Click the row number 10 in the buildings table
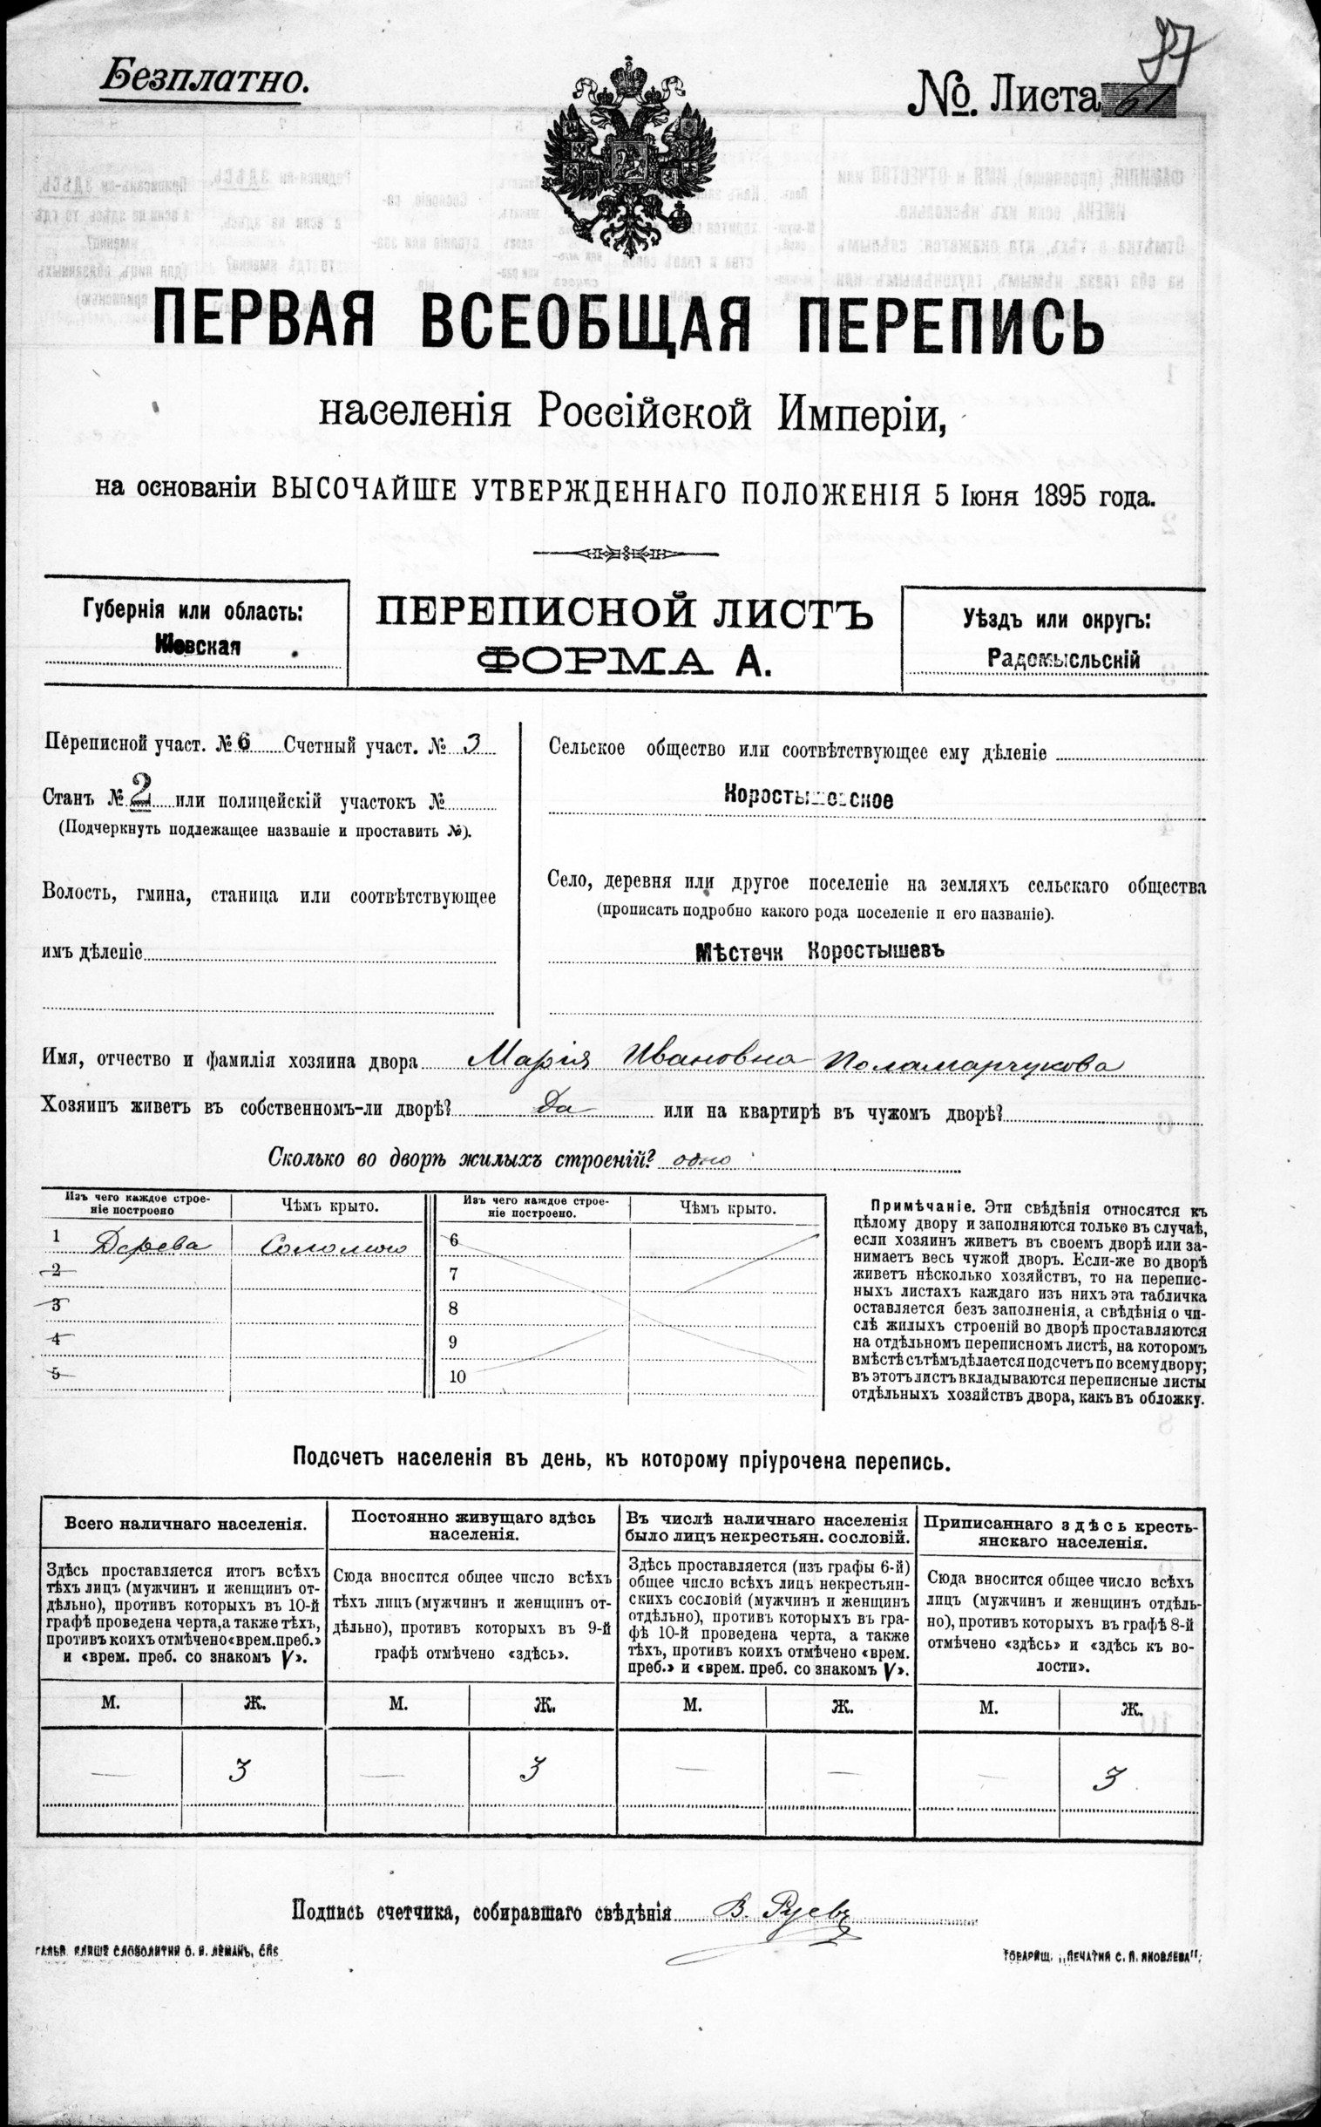pos(457,1376)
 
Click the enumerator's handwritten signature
pos(782,1913)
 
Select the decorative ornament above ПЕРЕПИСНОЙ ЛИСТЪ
pos(626,553)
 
